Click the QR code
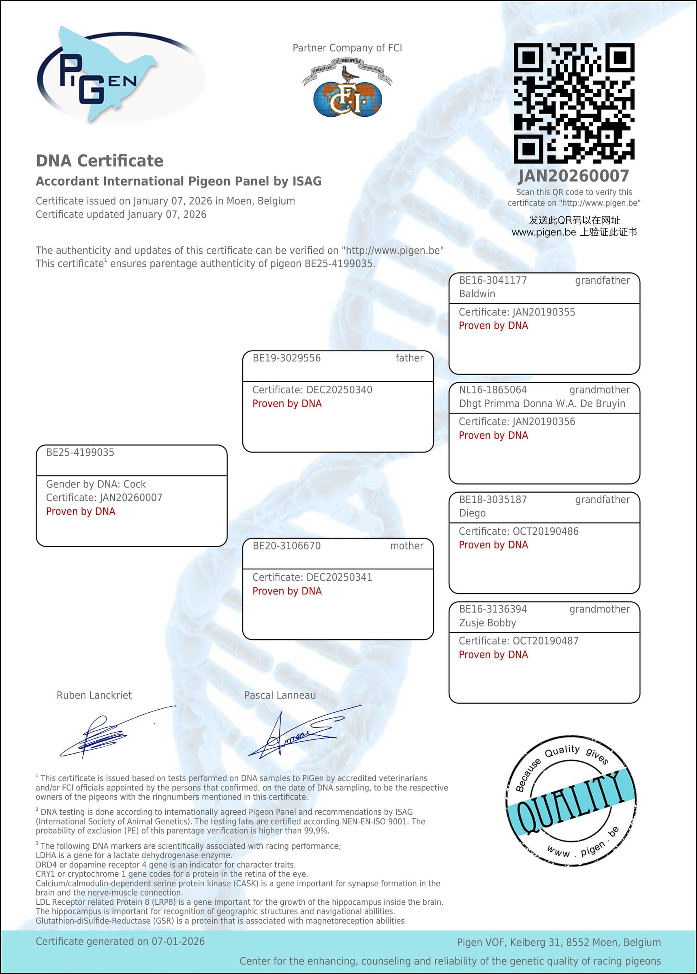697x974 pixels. [574, 103]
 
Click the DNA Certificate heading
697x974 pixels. [100, 161]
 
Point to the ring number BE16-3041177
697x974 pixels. [493, 281]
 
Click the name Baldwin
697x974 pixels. [477, 294]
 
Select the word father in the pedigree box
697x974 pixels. [409, 358]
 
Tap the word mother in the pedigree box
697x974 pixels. [406, 546]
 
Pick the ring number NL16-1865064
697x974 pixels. [493, 390]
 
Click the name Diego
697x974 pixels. [472, 513]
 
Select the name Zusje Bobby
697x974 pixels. [487, 623]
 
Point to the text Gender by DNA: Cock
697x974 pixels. [96, 485]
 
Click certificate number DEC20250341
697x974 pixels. [339, 577]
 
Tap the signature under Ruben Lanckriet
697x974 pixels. [107, 734]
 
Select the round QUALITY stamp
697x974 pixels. [571, 800]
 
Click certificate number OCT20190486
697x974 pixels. [545, 532]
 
